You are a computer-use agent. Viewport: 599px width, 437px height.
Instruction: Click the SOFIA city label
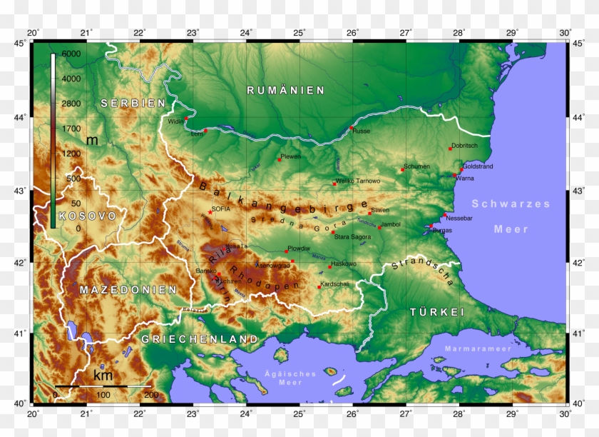[221, 209]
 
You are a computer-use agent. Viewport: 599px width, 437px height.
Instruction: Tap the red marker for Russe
[351, 128]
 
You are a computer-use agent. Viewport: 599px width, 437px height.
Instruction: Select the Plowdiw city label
[299, 248]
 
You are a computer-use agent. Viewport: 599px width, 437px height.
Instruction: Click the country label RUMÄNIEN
[285, 91]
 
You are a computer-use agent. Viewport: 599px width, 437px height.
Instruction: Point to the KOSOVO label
[87, 216]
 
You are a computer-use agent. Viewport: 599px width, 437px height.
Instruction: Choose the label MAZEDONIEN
[128, 290]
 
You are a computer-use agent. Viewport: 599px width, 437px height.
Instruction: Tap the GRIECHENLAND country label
[199, 338]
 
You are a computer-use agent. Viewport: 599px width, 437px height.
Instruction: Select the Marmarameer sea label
[478, 348]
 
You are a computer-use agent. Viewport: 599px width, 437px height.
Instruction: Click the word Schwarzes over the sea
[511, 204]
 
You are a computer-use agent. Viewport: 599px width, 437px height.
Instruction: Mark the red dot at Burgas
[431, 226]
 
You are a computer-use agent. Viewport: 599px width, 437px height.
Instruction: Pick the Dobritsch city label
[464, 146]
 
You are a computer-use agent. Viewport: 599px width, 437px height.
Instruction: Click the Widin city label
[175, 121]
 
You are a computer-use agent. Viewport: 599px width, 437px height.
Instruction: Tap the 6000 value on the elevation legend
[71, 54]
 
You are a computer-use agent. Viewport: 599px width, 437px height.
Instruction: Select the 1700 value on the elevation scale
[71, 129]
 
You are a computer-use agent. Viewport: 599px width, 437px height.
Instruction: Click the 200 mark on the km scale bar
[151, 395]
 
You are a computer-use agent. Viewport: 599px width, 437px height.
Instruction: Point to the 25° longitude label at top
[299, 33]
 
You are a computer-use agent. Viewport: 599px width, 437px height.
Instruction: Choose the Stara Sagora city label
[352, 236]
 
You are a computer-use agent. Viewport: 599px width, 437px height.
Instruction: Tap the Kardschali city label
[334, 284]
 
